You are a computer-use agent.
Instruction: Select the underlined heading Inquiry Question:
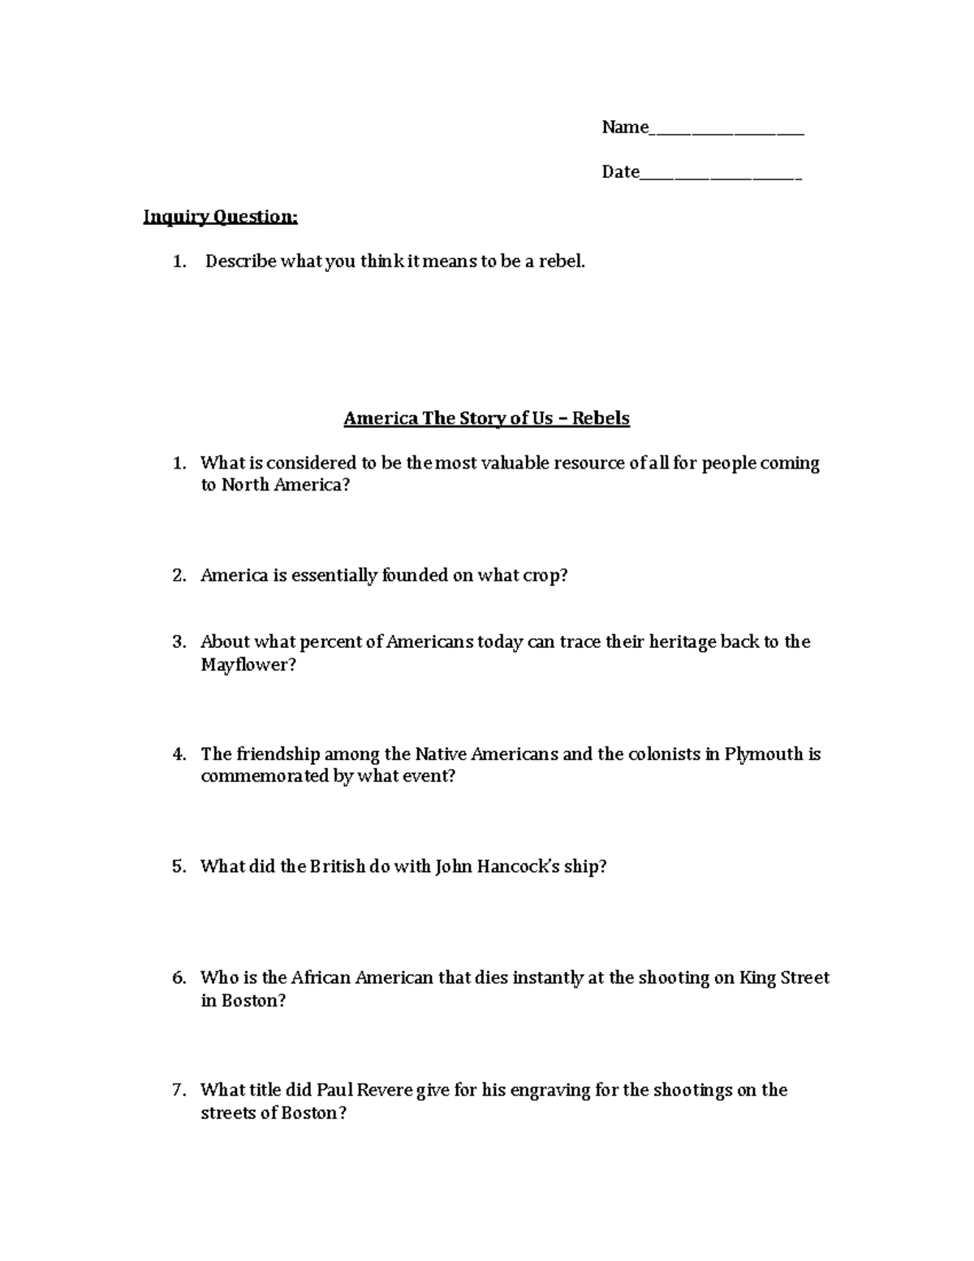[221, 217]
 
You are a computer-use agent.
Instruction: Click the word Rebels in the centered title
[601, 418]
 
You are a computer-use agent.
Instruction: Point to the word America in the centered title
[379, 418]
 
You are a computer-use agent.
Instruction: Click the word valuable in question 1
[515, 463]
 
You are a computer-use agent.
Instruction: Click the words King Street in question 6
[784, 978]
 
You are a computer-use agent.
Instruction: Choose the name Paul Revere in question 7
[364, 1090]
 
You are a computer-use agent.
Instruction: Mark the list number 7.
[179, 1090]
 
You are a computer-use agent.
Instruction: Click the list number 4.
[179, 754]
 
